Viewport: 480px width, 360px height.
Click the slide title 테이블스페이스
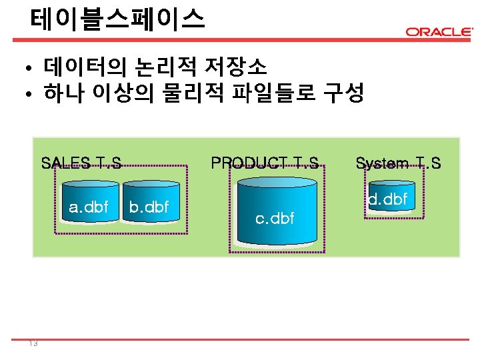tap(117, 19)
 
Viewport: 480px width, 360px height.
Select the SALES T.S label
tap(81, 163)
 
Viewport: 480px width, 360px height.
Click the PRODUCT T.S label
tap(265, 163)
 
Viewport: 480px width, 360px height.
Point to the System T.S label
tap(398, 163)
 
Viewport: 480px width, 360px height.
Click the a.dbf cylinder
tap(88, 207)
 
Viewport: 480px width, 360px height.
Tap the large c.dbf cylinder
tap(275, 213)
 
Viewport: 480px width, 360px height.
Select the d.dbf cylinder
tap(388, 197)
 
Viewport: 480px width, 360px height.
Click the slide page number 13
tap(33, 343)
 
